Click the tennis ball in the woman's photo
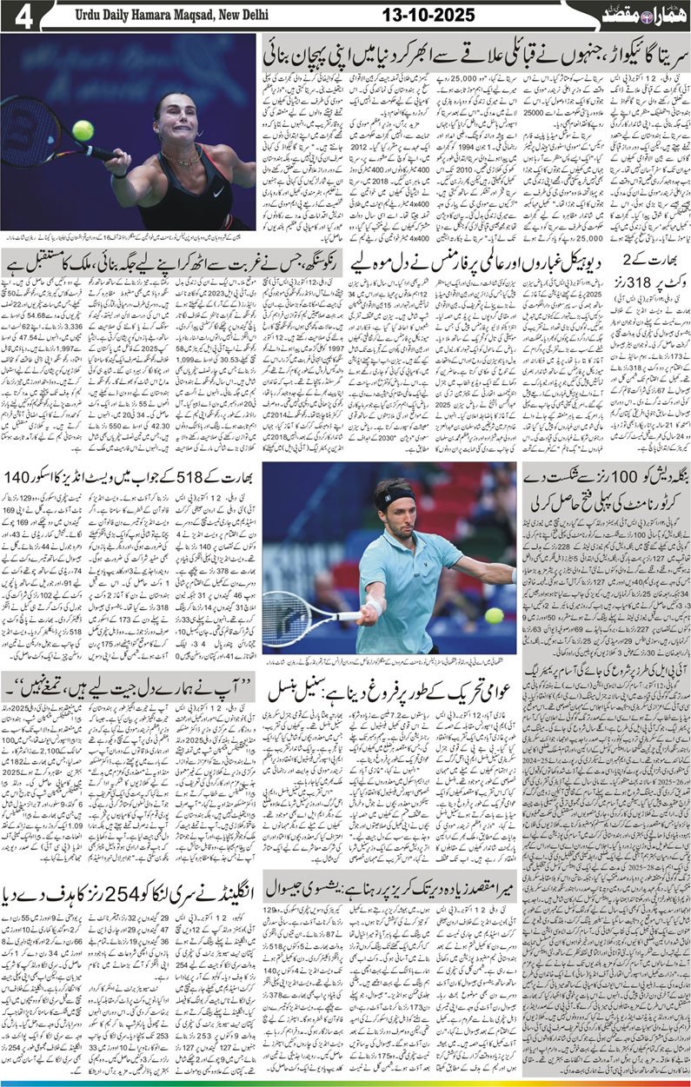click(83, 130)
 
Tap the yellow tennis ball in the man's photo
click(495, 615)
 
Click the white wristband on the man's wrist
click(375, 603)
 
